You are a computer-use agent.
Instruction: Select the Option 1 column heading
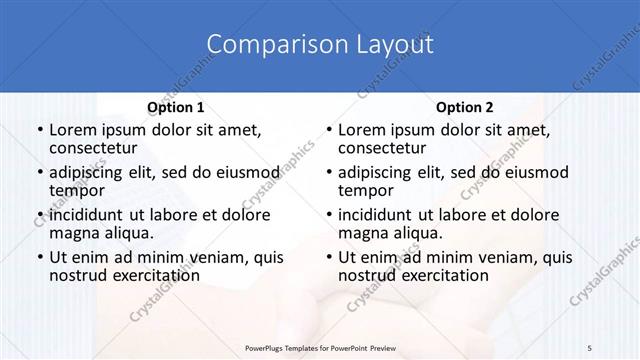pyautogui.click(x=175, y=107)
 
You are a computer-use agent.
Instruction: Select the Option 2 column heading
pyautogui.click(x=464, y=107)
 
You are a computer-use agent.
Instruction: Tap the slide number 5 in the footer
pyautogui.click(x=590, y=346)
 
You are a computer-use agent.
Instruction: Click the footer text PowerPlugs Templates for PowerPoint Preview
pyautogui.click(x=320, y=346)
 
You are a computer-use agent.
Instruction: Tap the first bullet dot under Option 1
pyautogui.click(x=39, y=130)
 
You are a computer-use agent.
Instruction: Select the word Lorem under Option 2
pyautogui.click(x=361, y=129)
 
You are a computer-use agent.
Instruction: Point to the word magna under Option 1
pyautogui.click(x=72, y=233)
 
